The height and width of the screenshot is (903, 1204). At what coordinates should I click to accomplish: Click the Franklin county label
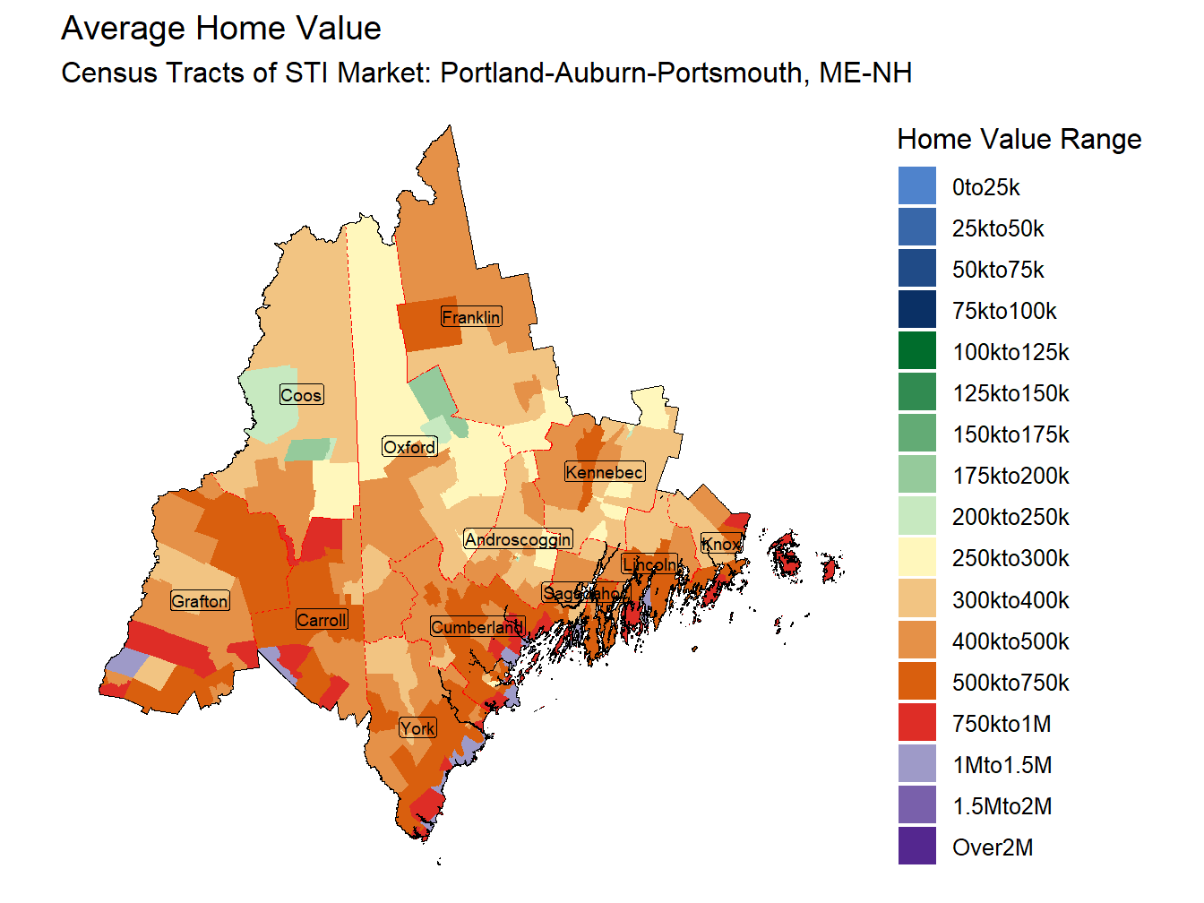[471, 317]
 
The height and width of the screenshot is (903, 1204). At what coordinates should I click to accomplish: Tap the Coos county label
[301, 395]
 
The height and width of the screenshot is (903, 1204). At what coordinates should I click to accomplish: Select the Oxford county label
[409, 447]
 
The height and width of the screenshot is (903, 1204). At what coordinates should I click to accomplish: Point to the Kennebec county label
[604, 472]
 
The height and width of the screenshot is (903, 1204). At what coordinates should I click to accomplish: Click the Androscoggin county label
[518, 539]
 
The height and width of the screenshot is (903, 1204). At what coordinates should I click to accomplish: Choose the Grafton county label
[200, 601]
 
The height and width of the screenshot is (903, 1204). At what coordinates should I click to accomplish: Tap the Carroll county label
[322, 620]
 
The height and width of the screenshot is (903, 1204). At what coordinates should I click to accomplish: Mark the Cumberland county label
[477, 627]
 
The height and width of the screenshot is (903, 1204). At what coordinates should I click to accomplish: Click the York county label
[417, 728]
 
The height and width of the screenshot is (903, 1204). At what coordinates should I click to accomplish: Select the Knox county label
[721, 544]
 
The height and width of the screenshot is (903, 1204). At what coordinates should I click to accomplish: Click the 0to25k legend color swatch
[916, 186]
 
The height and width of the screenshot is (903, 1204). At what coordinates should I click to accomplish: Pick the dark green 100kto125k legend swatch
[916, 351]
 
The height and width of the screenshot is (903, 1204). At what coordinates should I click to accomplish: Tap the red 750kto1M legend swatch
[916, 723]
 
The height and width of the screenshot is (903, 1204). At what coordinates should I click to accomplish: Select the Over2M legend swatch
[916, 847]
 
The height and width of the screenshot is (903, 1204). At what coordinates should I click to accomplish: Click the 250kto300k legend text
[1010, 559]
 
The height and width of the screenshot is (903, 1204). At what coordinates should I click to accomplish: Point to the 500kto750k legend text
[1010, 683]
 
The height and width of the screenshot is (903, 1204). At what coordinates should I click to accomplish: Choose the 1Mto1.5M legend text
[1002, 765]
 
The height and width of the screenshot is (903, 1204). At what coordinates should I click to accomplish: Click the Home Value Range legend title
[1019, 140]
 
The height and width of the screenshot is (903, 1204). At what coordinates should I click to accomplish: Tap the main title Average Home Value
[221, 29]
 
